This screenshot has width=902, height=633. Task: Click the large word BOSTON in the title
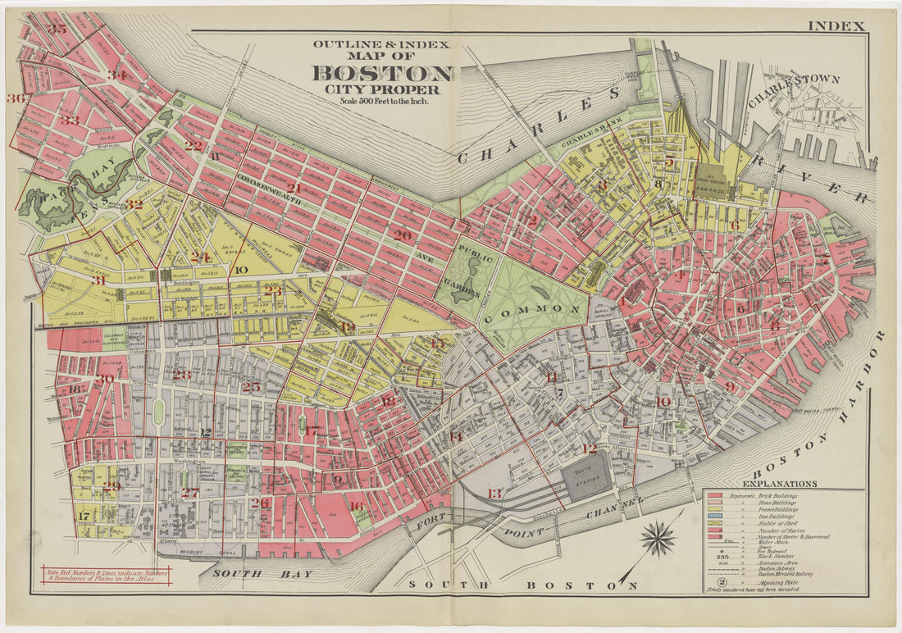click(381, 73)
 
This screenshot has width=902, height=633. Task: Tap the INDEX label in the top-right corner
click(836, 26)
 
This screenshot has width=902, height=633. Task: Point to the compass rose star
click(659, 538)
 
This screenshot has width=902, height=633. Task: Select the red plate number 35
click(57, 29)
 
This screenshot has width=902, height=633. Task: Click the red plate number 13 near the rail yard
click(494, 493)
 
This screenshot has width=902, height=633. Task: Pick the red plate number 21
click(293, 188)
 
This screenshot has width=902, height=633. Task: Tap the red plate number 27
click(190, 493)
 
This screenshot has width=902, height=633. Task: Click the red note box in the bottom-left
click(104, 576)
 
